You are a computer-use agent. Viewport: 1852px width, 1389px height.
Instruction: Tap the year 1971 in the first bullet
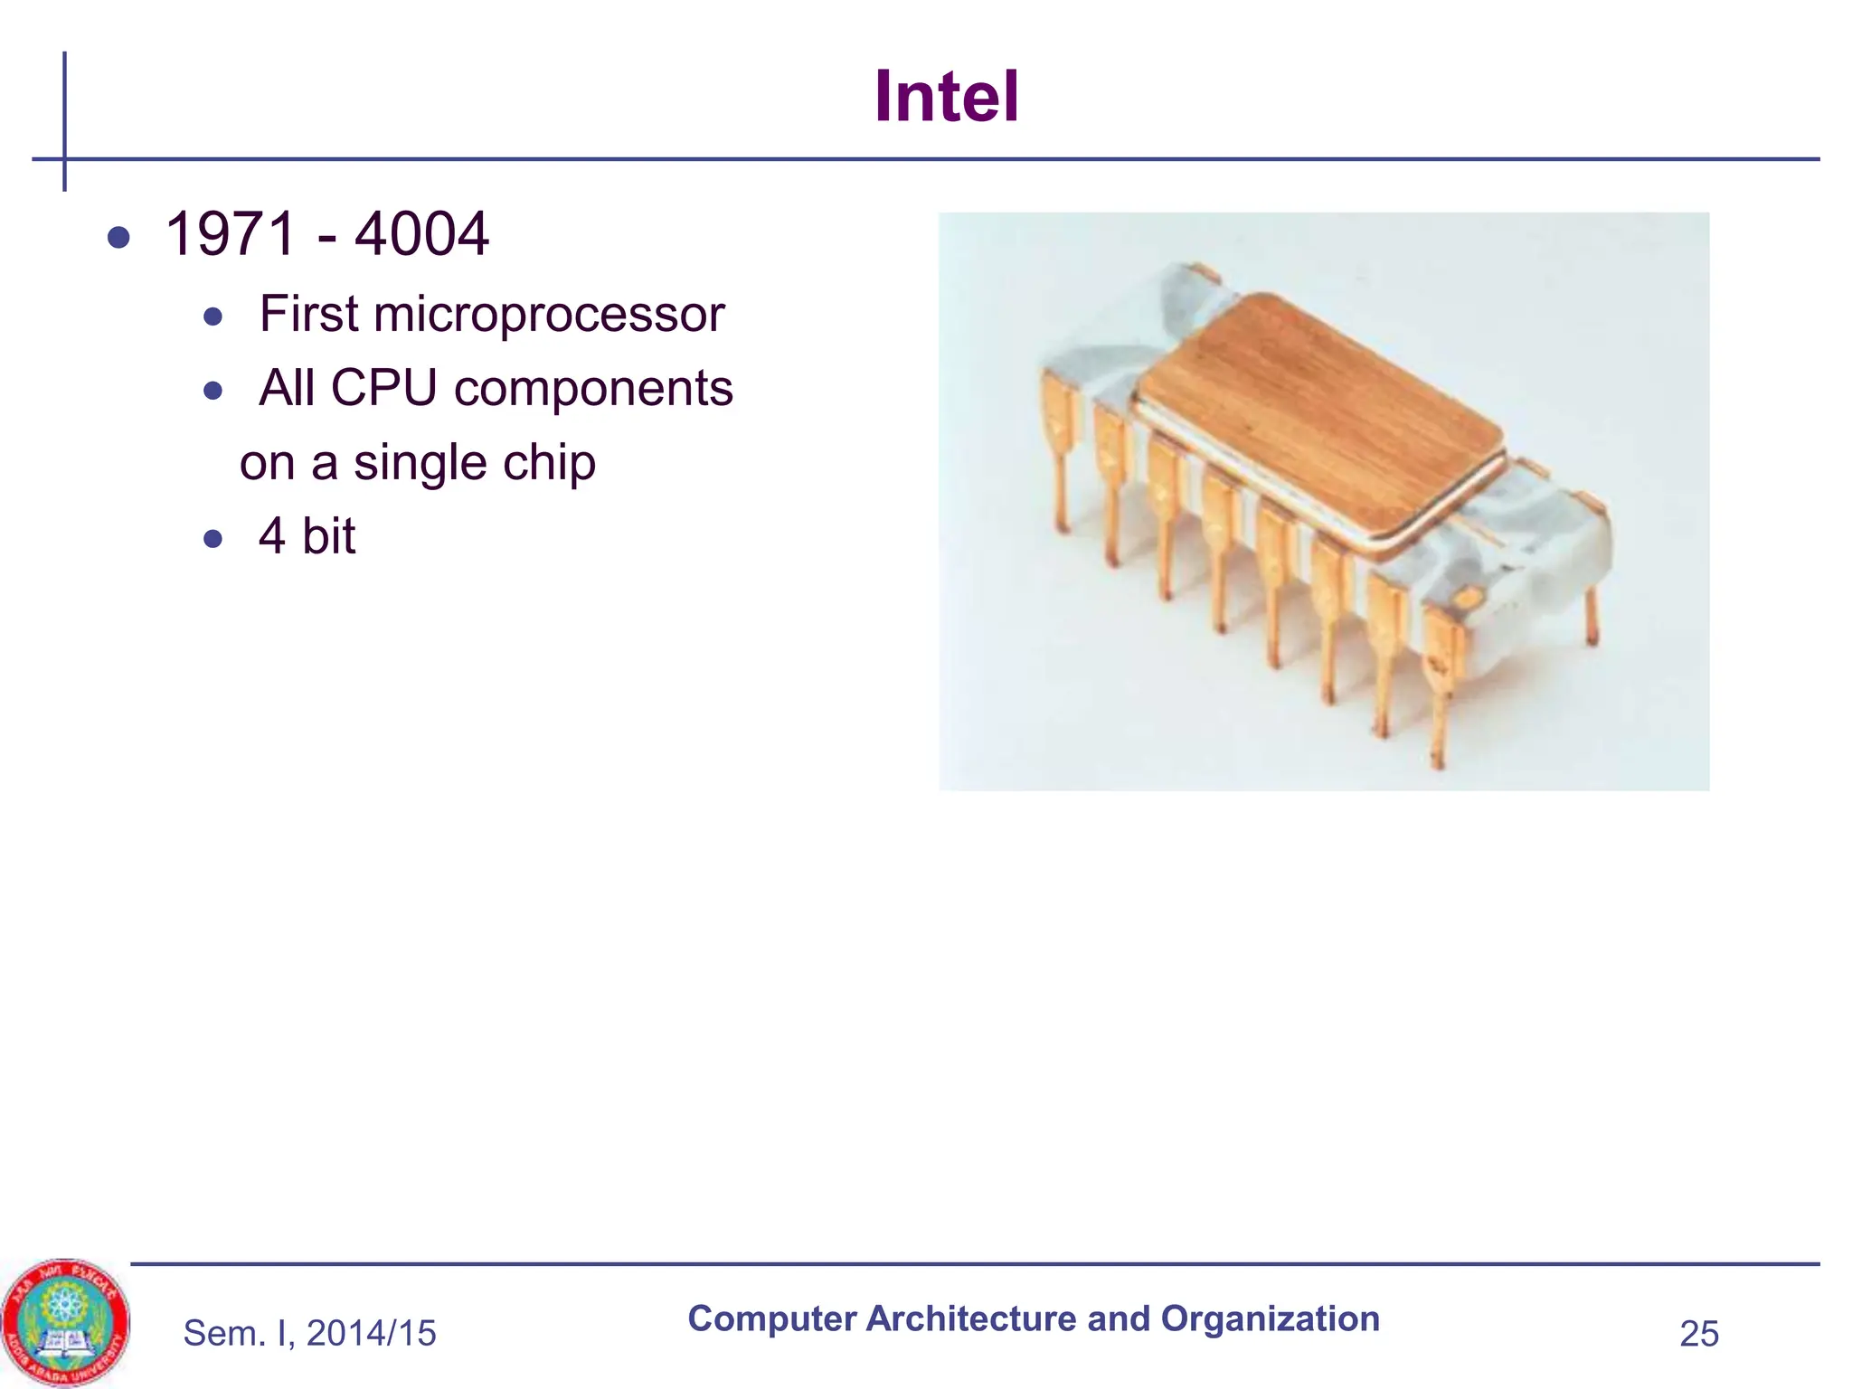click(x=231, y=234)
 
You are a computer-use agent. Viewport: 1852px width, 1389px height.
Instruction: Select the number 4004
click(x=421, y=234)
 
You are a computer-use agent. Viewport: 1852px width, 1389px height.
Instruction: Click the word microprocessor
click(x=549, y=315)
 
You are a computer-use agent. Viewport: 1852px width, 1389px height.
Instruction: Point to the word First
click(x=308, y=315)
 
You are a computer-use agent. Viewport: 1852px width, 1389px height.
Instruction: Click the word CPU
click(x=383, y=389)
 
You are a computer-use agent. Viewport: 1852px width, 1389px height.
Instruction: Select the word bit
click(x=329, y=537)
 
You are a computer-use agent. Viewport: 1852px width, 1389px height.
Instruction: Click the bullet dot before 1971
click(x=118, y=238)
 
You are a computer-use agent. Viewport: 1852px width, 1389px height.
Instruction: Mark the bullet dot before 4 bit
click(x=213, y=540)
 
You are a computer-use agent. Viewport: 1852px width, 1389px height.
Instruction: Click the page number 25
click(x=1698, y=1334)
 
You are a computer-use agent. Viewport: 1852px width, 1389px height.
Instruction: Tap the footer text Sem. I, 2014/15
click(x=309, y=1333)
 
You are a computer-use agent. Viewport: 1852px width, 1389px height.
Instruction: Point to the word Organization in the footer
click(x=1270, y=1319)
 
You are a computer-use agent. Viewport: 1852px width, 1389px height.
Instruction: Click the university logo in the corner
click(x=65, y=1323)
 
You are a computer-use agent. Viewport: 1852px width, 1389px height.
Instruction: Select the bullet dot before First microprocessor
click(x=213, y=317)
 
